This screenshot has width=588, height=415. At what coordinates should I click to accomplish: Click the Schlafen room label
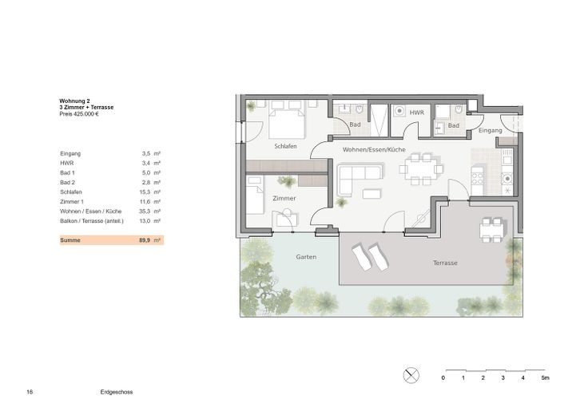click(286, 147)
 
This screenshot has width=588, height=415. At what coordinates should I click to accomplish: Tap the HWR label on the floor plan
click(415, 114)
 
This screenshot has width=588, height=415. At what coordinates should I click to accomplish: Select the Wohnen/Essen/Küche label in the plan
click(374, 150)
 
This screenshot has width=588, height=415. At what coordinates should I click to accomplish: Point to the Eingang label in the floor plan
click(490, 130)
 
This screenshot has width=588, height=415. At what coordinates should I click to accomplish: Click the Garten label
click(306, 257)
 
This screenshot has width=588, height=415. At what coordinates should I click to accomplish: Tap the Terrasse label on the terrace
click(445, 263)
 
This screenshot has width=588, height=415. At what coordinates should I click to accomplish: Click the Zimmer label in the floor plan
click(284, 198)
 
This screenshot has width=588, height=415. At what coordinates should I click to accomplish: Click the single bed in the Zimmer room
click(256, 195)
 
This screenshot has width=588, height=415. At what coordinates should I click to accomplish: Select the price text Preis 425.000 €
click(78, 114)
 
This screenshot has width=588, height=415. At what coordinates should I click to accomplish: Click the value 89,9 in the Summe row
click(145, 239)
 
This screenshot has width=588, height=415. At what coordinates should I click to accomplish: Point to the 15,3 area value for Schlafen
click(145, 192)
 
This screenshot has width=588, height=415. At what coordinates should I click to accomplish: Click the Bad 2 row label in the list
click(67, 183)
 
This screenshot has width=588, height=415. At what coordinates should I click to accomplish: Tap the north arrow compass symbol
click(412, 374)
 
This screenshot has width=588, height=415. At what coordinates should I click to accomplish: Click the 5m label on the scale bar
click(545, 377)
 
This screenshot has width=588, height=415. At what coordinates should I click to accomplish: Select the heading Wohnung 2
click(74, 101)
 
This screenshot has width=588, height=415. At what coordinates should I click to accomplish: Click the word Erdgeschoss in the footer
click(117, 393)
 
